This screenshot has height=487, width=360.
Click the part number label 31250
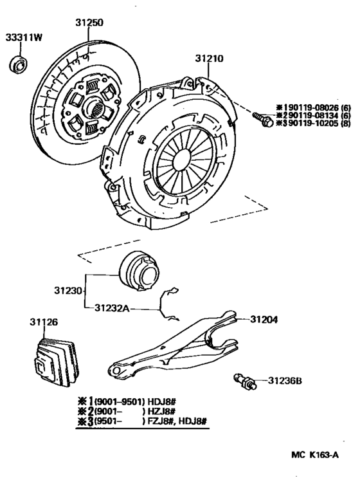click(89, 22)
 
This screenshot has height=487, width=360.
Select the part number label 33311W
click(24, 37)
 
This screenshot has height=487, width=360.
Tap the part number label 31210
click(210, 59)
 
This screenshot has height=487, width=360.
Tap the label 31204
click(264, 318)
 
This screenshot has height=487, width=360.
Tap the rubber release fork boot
click(54, 364)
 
